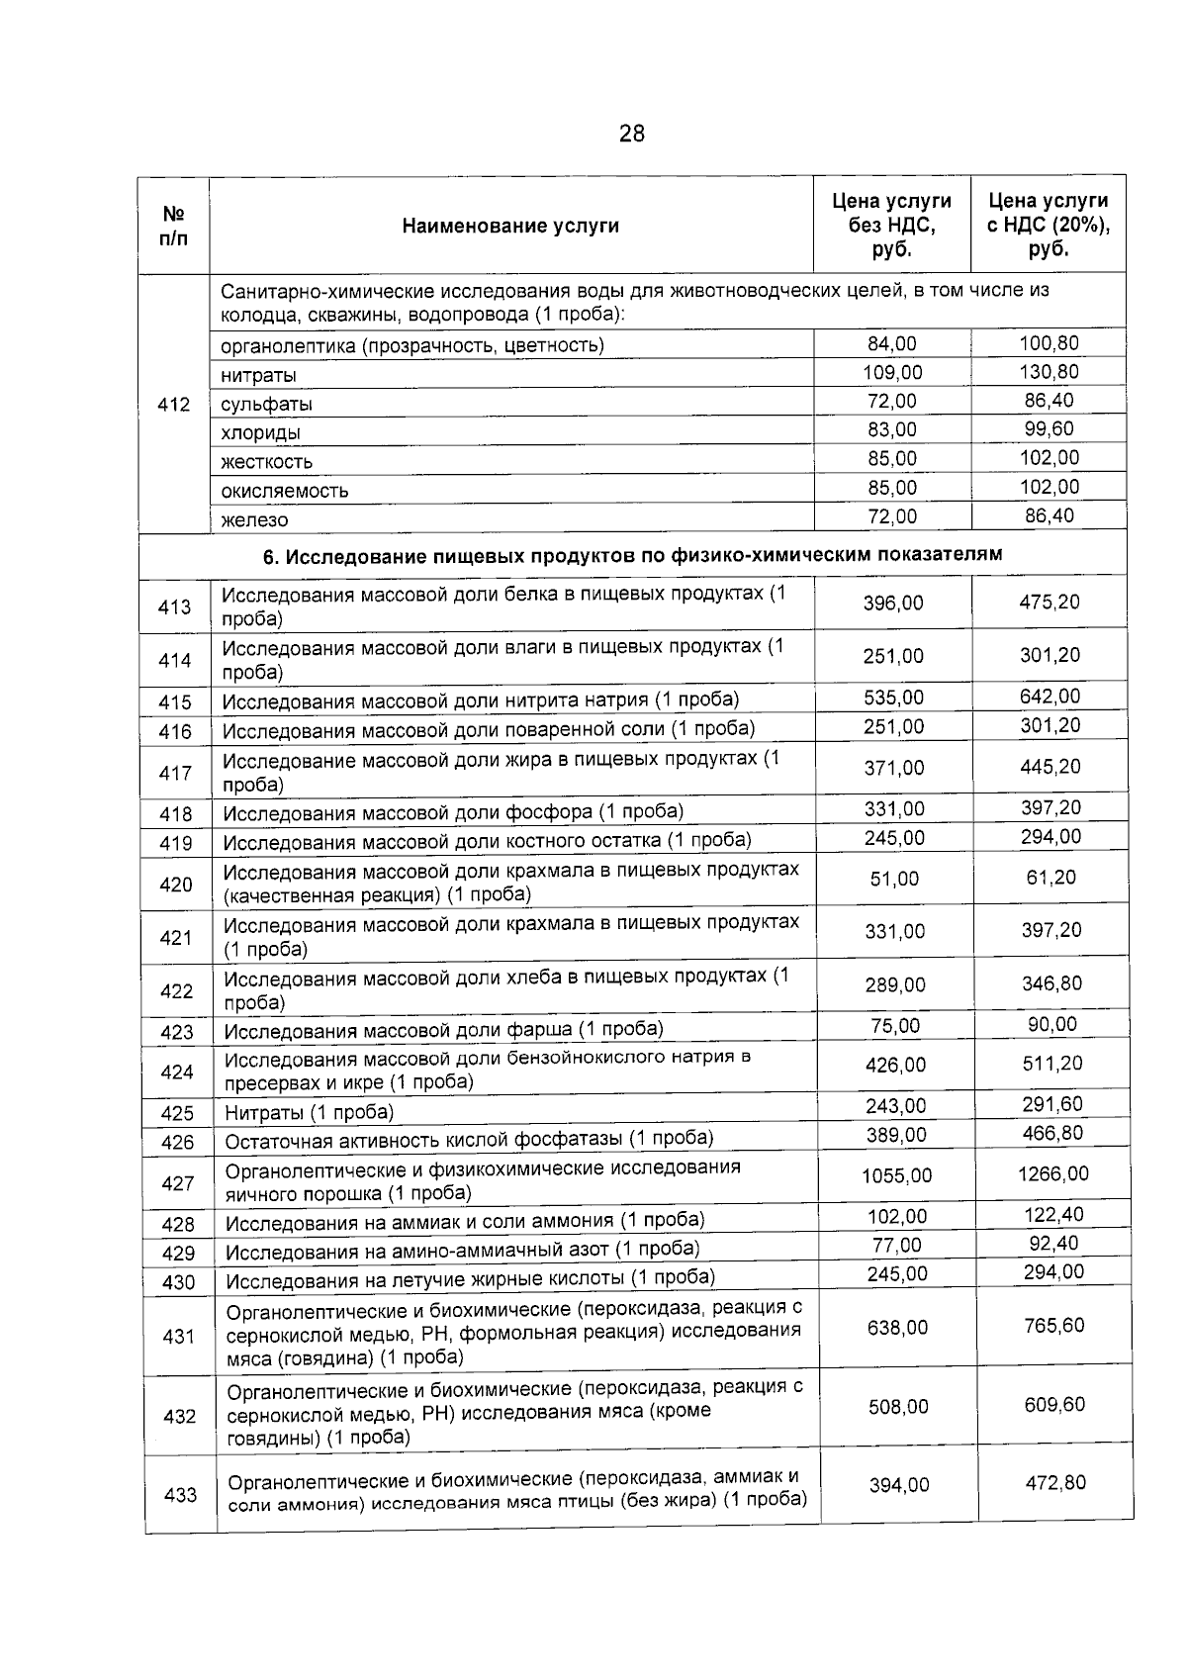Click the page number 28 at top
(631, 134)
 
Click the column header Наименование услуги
(510, 226)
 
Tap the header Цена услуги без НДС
(891, 226)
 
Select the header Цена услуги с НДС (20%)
(1049, 226)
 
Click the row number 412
(174, 404)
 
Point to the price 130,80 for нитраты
(1049, 372)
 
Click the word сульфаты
(266, 405)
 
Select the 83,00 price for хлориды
(891, 429)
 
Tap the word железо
(254, 519)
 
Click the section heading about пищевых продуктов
(632, 554)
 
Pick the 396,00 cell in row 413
(893, 603)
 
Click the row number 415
(175, 702)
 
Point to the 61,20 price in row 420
(1050, 878)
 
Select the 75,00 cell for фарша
(895, 1026)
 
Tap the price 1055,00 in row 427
(896, 1175)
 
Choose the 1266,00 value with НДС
(1052, 1174)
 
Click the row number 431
(179, 1337)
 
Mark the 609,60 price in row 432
(1054, 1405)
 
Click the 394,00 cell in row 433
(898, 1485)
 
